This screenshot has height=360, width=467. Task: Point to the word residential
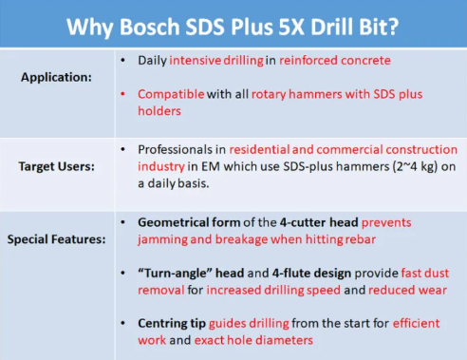(x=268, y=149)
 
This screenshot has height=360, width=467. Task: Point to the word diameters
(x=290, y=338)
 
